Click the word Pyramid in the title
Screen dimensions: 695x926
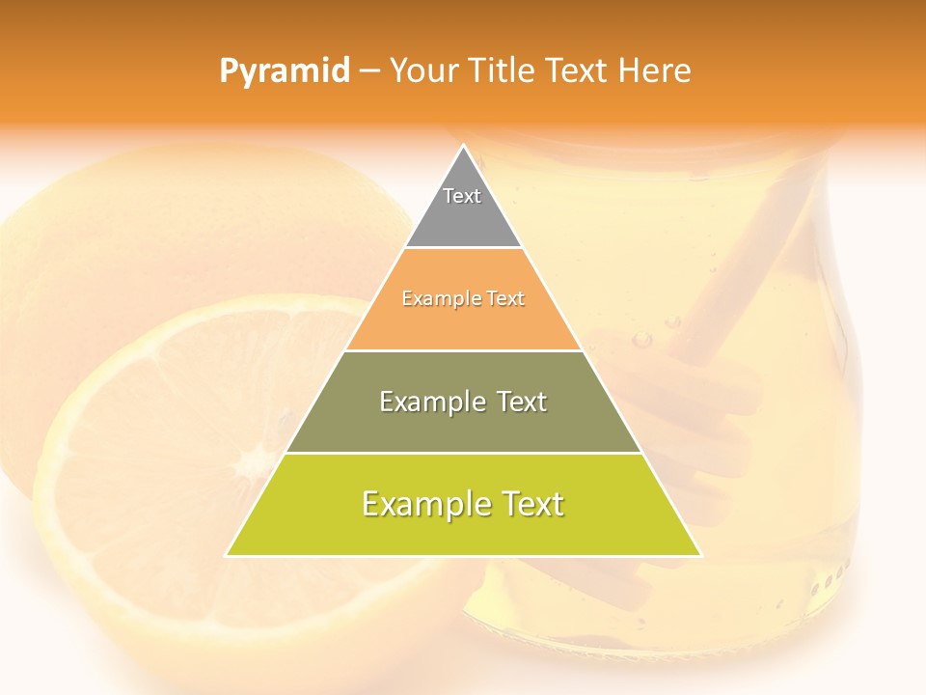(284, 71)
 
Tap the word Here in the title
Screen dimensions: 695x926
(655, 70)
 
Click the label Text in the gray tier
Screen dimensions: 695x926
(462, 196)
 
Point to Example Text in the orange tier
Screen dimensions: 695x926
(463, 299)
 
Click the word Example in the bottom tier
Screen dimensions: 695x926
(419, 504)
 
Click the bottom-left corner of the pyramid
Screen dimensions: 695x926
(228, 555)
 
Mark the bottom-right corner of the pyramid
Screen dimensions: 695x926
(700, 555)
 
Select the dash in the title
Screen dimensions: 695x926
(369, 71)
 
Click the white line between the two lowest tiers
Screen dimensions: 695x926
(463, 453)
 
